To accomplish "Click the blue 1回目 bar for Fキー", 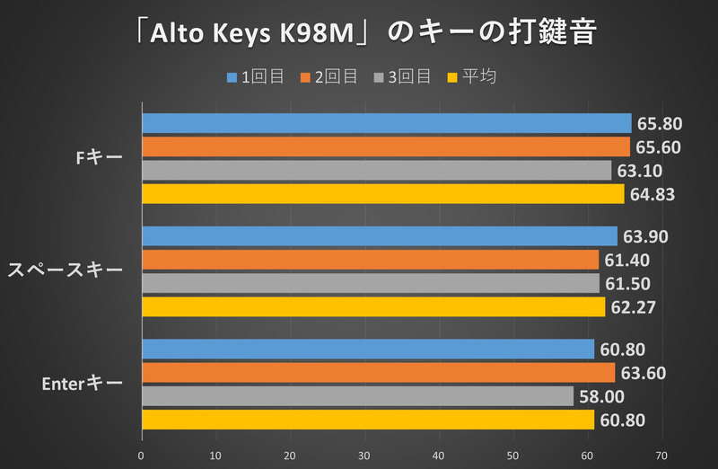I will tap(386, 123).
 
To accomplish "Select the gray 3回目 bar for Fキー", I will tap(376, 170).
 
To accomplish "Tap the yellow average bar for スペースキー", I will tap(373, 307).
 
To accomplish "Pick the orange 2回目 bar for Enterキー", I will tap(378, 372).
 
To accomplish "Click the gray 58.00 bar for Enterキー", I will tap(357, 395).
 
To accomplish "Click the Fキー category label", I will tap(100, 158).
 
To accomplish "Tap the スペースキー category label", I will tap(66, 270).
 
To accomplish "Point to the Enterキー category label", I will tap(83, 384).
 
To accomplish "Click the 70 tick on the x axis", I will tap(661, 456).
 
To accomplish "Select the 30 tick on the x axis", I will tap(364, 456).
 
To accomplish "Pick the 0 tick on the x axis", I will tap(142, 456).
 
